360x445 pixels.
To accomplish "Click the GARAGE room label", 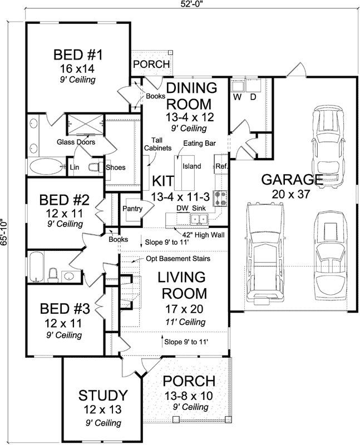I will [x=292, y=180].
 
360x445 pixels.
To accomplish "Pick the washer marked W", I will [x=236, y=96].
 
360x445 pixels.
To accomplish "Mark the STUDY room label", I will [x=102, y=396].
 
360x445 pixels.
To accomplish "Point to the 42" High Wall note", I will [x=199, y=235].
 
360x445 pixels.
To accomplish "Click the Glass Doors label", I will [x=76, y=142].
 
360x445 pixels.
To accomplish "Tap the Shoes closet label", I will [x=116, y=167].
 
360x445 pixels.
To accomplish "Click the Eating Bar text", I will [x=201, y=143].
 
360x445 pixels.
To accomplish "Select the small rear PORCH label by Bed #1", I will [x=151, y=65].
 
